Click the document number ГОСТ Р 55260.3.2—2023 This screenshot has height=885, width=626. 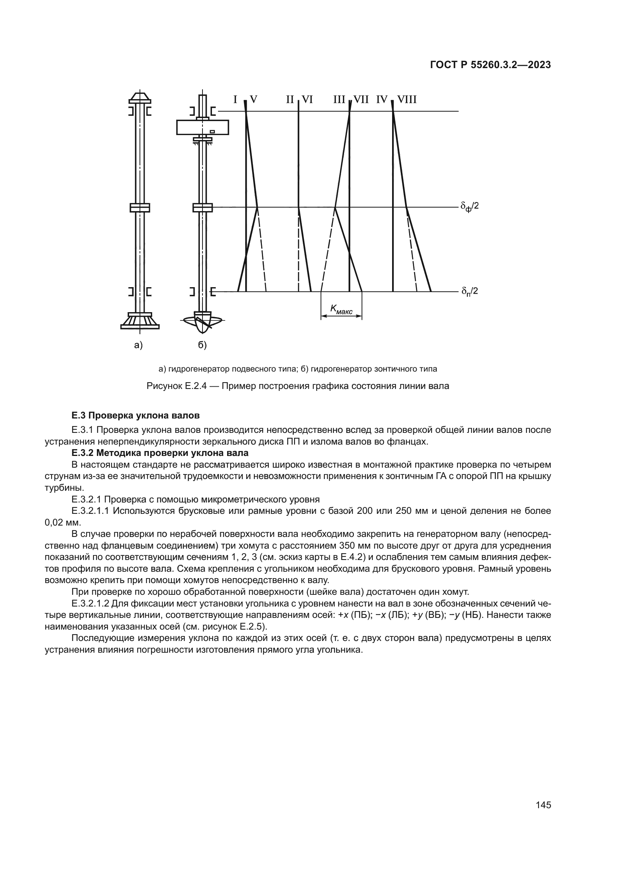pos(490,65)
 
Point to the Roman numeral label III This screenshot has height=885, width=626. pos(339,100)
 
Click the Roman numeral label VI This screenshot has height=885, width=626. pos(307,100)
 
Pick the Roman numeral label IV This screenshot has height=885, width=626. pos(382,100)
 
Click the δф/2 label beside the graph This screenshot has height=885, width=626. pos(469,207)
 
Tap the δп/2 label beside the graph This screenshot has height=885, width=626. pos(469,291)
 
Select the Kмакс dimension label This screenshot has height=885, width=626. pos(341,309)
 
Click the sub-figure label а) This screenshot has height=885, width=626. pos(139,345)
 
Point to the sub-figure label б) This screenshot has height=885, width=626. pos(202,345)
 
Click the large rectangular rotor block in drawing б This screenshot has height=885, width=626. pos(202,127)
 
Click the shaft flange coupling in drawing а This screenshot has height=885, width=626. pos(140,207)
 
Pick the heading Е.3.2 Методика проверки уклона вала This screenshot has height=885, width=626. pos(160,453)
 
